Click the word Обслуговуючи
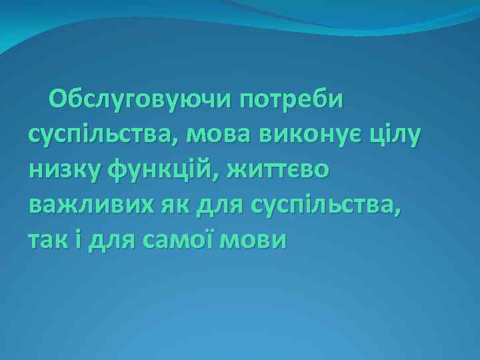point(139,101)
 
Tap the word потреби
point(291,101)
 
